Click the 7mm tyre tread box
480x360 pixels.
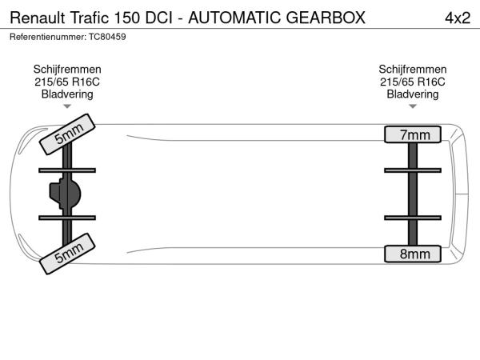(x=413, y=134)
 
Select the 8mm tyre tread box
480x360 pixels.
(x=413, y=254)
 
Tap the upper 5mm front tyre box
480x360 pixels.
(x=67, y=134)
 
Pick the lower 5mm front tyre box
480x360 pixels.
(x=67, y=254)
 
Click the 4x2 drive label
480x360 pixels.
(x=458, y=18)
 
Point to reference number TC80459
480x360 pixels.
(x=107, y=37)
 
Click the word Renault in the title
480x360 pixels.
(x=38, y=18)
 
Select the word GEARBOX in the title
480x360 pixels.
(x=326, y=18)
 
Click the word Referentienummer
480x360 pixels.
(x=48, y=37)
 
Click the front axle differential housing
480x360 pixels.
(x=66, y=194)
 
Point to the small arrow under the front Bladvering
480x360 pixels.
(x=67, y=106)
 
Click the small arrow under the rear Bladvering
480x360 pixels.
(x=413, y=106)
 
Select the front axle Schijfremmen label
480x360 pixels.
(x=67, y=69)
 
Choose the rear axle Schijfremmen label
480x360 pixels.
(x=413, y=69)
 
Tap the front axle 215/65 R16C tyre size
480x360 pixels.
(x=67, y=82)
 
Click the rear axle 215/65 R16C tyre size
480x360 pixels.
(x=413, y=82)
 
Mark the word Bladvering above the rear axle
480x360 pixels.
(x=413, y=94)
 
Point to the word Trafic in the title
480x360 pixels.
(x=90, y=18)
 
